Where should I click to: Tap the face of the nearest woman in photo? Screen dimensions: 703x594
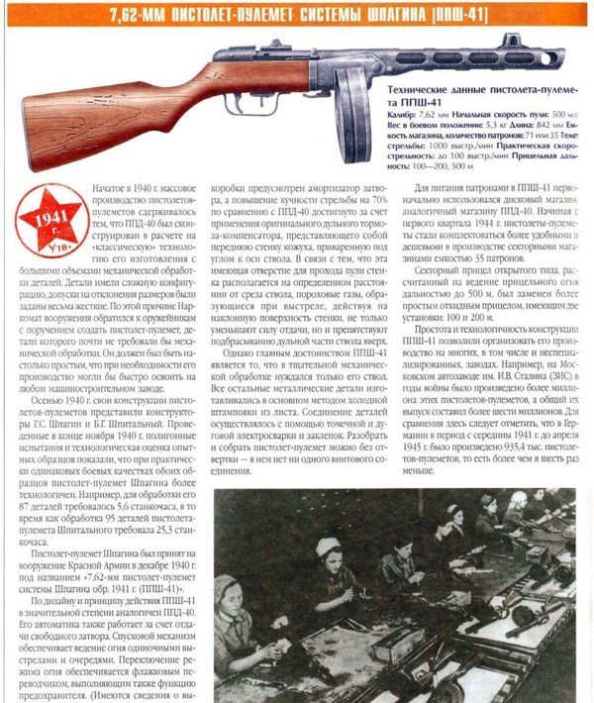(230, 601)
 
